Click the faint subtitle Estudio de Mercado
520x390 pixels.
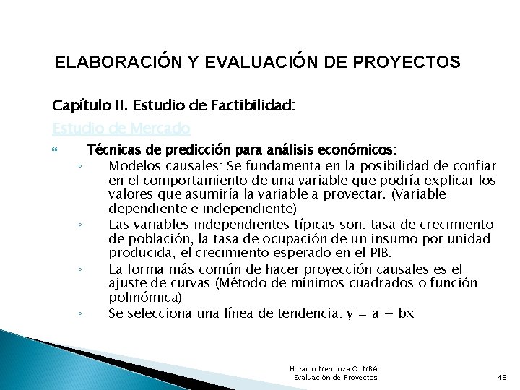(121, 129)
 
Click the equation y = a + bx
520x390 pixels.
(378, 313)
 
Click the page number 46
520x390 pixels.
(503, 378)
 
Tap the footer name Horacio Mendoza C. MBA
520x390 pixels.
(332, 368)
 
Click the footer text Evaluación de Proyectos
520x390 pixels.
(335, 378)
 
